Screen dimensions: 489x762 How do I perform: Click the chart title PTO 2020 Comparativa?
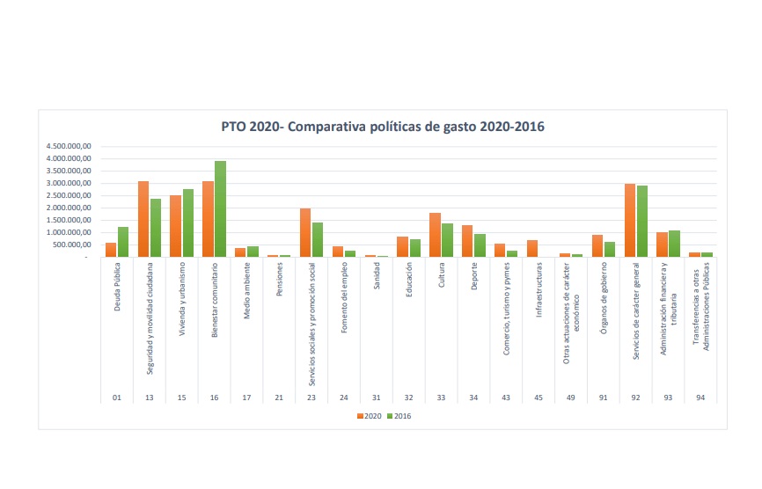[383, 127]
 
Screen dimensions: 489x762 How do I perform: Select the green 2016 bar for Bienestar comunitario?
[220, 209]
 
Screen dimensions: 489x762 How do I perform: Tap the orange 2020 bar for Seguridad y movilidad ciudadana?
[143, 219]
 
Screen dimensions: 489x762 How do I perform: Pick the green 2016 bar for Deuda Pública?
[123, 242]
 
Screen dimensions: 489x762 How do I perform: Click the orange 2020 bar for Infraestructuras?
[532, 248]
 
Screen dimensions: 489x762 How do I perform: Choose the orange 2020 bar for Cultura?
[435, 235]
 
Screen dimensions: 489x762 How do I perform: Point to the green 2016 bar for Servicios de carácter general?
[642, 222]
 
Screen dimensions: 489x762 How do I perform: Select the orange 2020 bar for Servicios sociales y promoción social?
[305, 232]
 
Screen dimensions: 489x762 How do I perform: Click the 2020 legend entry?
[370, 415]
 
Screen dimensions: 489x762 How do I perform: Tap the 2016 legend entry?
[400, 415]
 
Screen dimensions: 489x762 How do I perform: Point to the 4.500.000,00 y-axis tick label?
[70, 147]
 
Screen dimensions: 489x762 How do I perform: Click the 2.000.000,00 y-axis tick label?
[70, 208]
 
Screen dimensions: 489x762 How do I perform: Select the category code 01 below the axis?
[117, 398]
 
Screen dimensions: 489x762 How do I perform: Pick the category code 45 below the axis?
[539, 398]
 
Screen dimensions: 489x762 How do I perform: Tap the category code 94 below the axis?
[700, 398]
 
